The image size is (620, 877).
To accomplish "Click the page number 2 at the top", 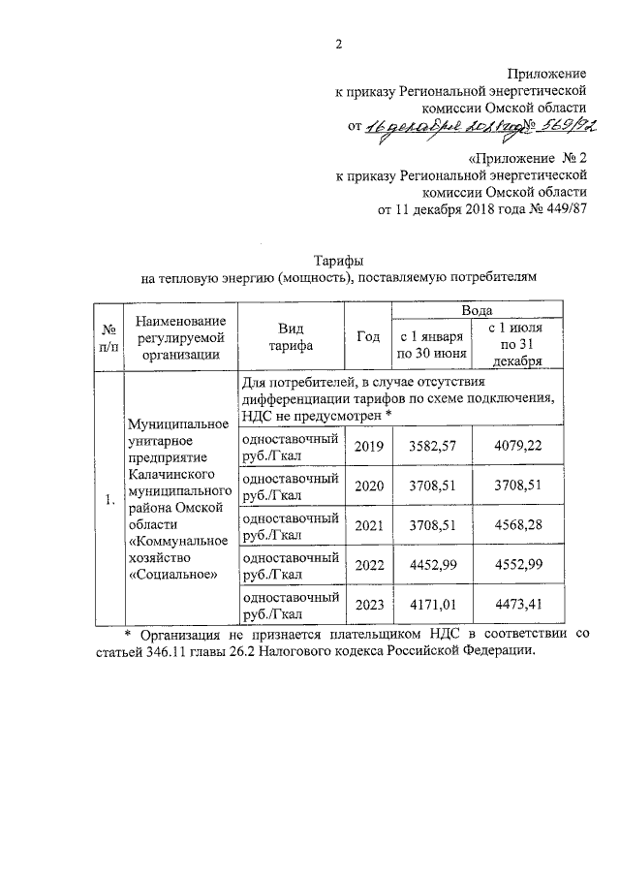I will pyautogui.click(x=338, y=43).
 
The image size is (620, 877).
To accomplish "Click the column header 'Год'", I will pyautogui.click(x=368, y=336).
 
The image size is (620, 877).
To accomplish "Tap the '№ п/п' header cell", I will pyautogui.click(x=108, y=337).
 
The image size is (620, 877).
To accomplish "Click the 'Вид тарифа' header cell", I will pyautogui.click(x=292, y=336).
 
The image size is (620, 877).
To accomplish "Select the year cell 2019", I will pyautogui.click(x=369, y=446).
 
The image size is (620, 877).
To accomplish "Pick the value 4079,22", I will pyautogui.click(x=514, y=446).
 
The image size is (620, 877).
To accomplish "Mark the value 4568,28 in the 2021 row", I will pyautogui.click(x=514, y=526).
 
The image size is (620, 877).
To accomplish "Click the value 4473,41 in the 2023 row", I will pyautogui.click(x=514, y=607).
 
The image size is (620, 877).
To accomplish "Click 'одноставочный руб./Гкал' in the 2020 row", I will pyautogui.click(x=291, y=485).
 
